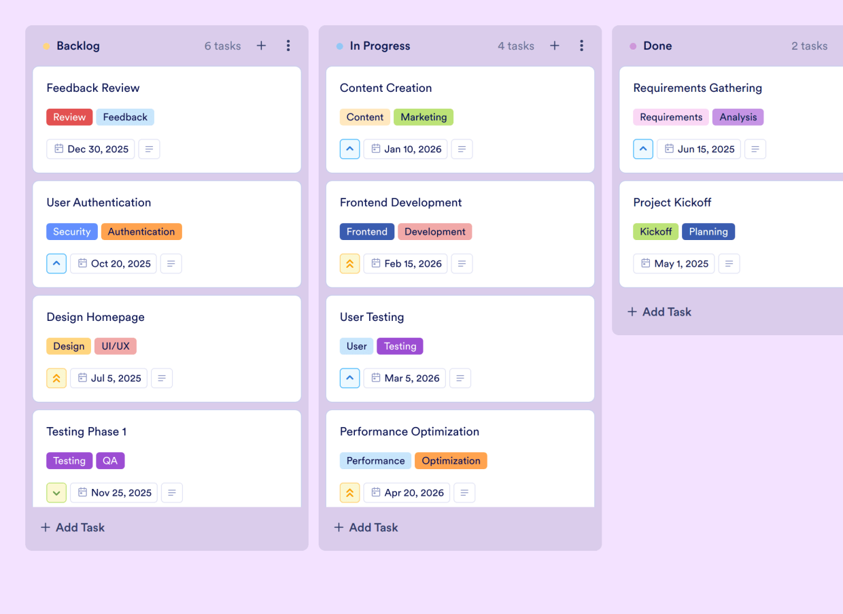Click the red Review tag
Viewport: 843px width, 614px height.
[x=69, y=117]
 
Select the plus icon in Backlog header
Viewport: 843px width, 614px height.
[x=261, y=46]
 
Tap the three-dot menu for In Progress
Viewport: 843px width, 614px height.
[x=581, y=46]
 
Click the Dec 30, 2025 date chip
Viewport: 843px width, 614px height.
[x=91, y=149]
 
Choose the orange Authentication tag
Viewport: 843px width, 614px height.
[x=141, y=231]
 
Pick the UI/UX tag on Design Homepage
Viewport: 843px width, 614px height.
[x=116, y=346]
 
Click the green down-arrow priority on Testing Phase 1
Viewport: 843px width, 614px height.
[x=56, y=492]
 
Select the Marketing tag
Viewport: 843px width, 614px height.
[x=424, y=117]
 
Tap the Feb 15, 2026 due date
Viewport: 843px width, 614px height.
[x=406, y=263]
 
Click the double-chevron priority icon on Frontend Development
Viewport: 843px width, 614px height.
[x=349, y=263]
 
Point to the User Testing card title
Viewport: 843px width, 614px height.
[x=372, y=317]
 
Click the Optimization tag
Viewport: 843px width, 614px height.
[x=451, y=460]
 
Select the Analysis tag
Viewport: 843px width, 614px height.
[x=738, y=117]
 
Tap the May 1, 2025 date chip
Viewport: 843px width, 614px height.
[x=674, y=263]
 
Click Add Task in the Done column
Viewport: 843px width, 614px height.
[x=659, y=311]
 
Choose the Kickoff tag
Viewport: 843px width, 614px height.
[x=655, y=231]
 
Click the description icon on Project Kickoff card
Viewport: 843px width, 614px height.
[x=729, y=263]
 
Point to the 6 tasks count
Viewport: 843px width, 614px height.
[x=223, y=46]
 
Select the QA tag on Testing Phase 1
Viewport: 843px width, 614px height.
[x=110, y=460]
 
